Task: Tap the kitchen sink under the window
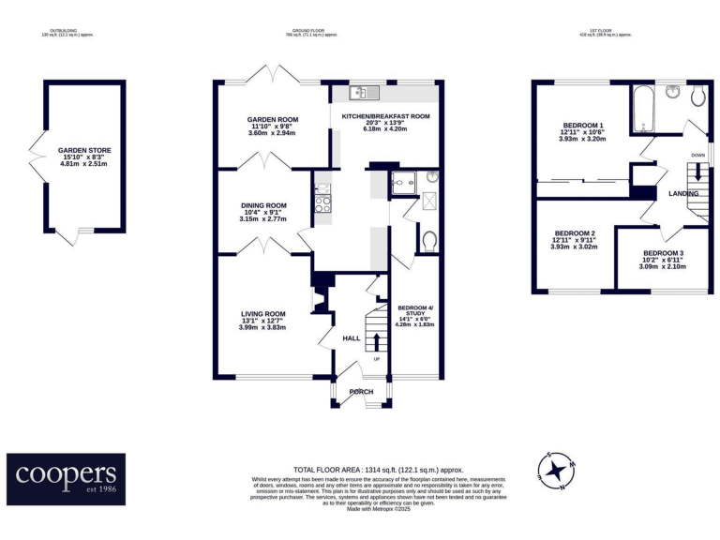coord(362,93)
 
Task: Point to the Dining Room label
coord(262,211)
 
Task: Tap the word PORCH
coord(361,392)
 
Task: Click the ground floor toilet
coord(428,242)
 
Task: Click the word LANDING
coord(683,193)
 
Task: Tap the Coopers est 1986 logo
coord(66,479)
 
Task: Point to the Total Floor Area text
coord(378,469)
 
